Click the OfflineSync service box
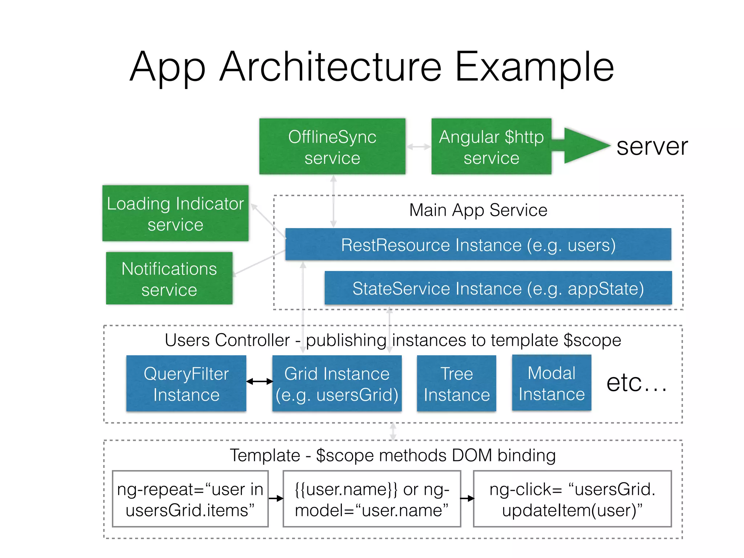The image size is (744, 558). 332,146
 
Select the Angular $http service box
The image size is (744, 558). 491,146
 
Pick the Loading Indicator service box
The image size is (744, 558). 175,213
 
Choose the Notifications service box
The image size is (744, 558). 169,278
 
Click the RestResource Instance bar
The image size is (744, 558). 478,244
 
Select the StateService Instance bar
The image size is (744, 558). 498,288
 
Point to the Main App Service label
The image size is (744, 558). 478,210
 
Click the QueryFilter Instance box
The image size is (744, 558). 186,384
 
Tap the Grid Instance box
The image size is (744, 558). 337,384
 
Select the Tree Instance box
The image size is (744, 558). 457,384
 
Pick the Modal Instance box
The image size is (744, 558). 551,383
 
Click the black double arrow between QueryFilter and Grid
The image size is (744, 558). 259,381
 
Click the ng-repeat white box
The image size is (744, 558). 190,499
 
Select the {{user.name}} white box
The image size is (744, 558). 372,499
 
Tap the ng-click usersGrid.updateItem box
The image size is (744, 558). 572,499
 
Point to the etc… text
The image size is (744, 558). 636,383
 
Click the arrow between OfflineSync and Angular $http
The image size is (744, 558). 418,147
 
